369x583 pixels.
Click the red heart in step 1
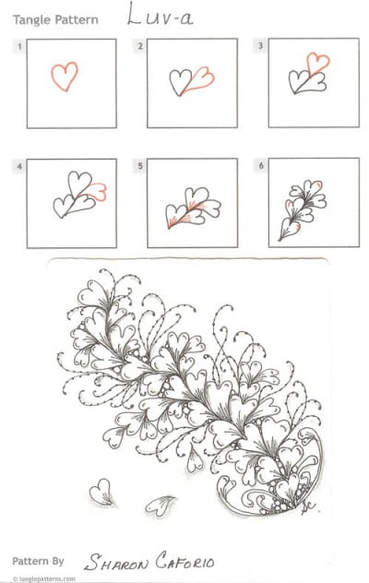point(65,76)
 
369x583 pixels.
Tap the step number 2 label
point(140,45)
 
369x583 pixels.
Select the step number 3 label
point(261,45)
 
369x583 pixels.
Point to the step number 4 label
point(18,166)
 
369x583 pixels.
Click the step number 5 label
point(140,166)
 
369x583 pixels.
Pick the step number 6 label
point(261,166)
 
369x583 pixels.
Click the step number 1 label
point(18,45)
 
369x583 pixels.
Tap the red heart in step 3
point(318,64)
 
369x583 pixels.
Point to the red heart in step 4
point(97,190)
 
